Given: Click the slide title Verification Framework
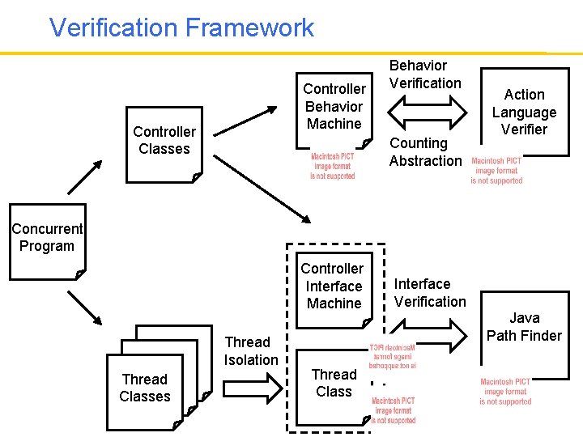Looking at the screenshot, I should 181,28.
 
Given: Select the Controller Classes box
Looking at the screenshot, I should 164,141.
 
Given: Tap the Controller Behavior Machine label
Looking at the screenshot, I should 334,106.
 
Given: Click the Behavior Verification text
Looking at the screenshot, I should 425,74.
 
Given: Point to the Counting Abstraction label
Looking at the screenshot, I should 425,152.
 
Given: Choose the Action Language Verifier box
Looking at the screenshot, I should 524,112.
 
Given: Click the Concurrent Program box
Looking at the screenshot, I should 47,239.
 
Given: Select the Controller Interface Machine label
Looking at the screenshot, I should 333,286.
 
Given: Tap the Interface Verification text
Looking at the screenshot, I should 430,293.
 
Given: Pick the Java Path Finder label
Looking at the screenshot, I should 524,327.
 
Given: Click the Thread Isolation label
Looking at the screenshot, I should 250,351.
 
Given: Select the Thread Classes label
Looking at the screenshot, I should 145,388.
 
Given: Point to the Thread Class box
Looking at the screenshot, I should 333,384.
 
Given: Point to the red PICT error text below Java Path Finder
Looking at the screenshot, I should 505,392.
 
